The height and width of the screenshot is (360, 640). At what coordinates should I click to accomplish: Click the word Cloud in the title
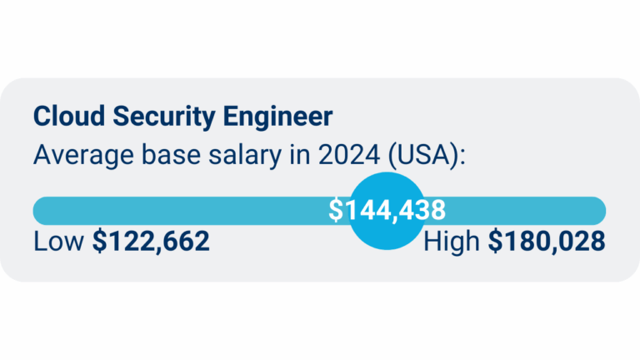[60, 116]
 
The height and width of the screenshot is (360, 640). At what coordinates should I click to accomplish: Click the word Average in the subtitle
[75, 155]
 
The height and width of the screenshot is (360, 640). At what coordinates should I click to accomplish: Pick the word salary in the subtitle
[223, 155]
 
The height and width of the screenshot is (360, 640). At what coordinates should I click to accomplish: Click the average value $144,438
[387, 210]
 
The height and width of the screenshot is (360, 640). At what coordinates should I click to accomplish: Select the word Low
[59, 242]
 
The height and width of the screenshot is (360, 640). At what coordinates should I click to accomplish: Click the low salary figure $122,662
[151, 242]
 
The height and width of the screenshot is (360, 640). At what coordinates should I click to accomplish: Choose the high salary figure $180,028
[547, 242]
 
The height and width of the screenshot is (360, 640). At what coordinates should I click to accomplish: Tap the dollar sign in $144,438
[335, 210]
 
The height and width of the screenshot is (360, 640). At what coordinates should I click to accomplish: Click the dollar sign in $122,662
[99, 242]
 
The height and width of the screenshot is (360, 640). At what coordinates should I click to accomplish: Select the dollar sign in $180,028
[495, 242]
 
